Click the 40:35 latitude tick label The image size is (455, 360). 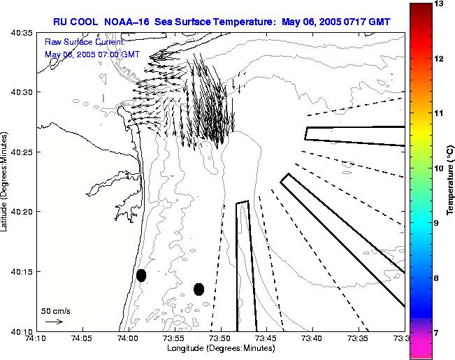point(23,32)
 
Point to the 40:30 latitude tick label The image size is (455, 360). point(23,92)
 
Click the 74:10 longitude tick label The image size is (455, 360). point(36,339)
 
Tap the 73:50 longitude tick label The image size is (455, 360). point(220,339)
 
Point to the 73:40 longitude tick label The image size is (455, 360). point(312,339)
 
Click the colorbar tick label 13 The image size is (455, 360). point(438,4)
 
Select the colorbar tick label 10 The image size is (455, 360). point(438,168)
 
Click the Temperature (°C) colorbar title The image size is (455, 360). point(451,180)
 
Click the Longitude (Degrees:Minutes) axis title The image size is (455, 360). point(220,349)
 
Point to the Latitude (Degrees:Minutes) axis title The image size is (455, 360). point(6,181)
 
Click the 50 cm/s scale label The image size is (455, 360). point(55,310)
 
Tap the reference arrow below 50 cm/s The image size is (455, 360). point(53,322)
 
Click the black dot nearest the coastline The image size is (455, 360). point(141,275)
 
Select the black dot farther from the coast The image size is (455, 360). point(198,289)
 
